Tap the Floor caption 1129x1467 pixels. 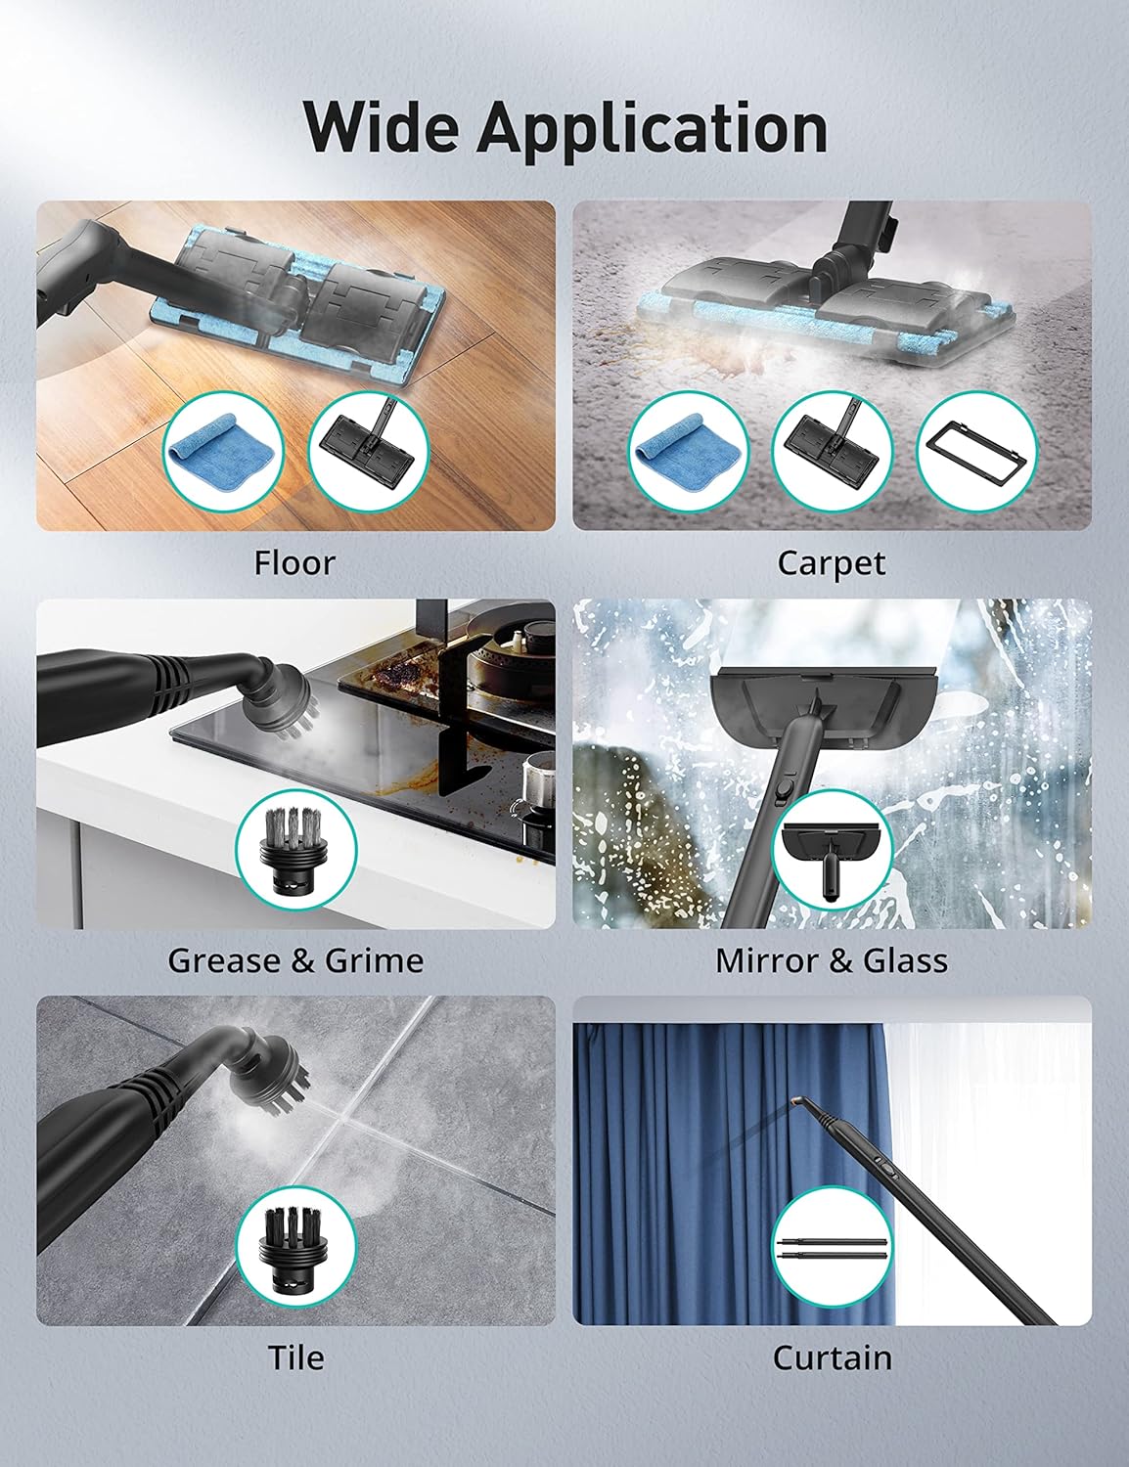[x=294, y=563]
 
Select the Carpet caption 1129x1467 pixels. [x=832, y=563]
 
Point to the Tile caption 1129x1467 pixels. [x=295, y=1358]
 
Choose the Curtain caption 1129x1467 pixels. [x=832, y=1358]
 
